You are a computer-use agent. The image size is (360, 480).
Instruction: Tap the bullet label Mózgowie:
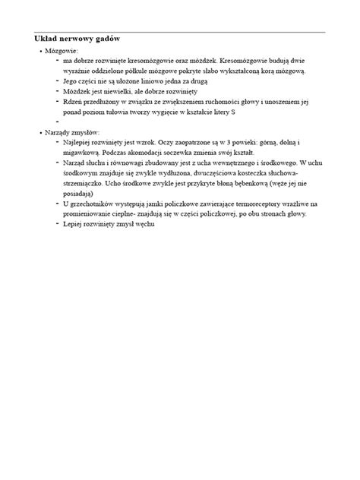click(x=62, y=50)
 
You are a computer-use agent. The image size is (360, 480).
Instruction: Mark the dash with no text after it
click(x=57, y=122)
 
